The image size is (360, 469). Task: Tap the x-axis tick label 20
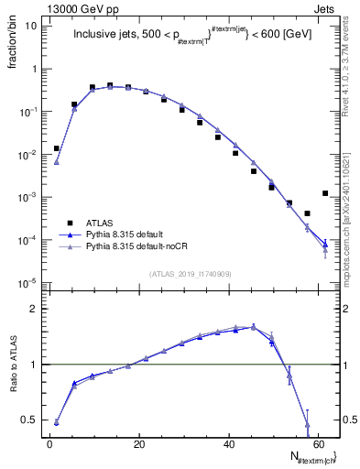(x=139, y=444)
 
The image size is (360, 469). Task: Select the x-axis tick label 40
(x=229, y=444)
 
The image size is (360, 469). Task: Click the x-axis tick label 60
(x=318, y=444)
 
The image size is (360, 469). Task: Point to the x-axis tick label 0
(x=50, y=444)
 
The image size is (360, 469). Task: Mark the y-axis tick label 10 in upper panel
(x=31, y=26)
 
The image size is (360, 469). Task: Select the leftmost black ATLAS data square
(x=57, y=148)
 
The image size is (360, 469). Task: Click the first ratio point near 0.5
(x=57, y=422)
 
